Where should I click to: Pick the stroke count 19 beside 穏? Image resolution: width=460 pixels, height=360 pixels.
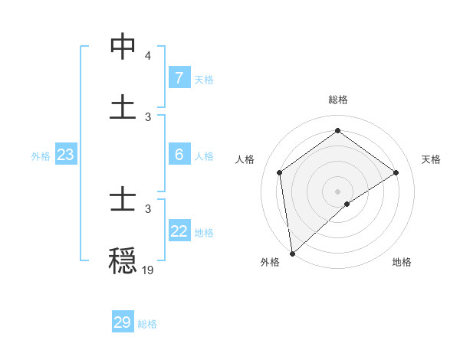point(148,270)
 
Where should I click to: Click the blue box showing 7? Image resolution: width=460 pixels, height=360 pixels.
point(179,77)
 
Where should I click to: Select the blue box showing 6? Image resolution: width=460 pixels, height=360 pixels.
point(179,155)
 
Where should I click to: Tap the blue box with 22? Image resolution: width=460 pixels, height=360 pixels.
point(179,231)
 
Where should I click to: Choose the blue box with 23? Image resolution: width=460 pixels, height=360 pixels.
point(66,155)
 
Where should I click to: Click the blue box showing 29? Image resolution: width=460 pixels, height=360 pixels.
point(122,322)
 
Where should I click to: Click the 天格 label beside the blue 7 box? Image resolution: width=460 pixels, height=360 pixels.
point(204,79)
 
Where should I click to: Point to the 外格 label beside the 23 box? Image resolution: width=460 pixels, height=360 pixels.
point(41,156)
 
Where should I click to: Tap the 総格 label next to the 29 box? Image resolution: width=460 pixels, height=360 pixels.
point(147,324)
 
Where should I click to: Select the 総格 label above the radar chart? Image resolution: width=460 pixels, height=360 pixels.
point(337,100)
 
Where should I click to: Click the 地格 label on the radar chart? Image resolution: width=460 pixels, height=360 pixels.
point(402,262)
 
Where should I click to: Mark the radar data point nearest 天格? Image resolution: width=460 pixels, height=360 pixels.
point(396,172)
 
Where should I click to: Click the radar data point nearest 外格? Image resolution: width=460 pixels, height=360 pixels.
point(292,253)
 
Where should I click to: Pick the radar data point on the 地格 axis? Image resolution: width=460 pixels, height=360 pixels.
point(347,204)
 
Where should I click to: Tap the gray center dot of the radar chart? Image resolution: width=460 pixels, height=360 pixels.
point(337,191)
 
